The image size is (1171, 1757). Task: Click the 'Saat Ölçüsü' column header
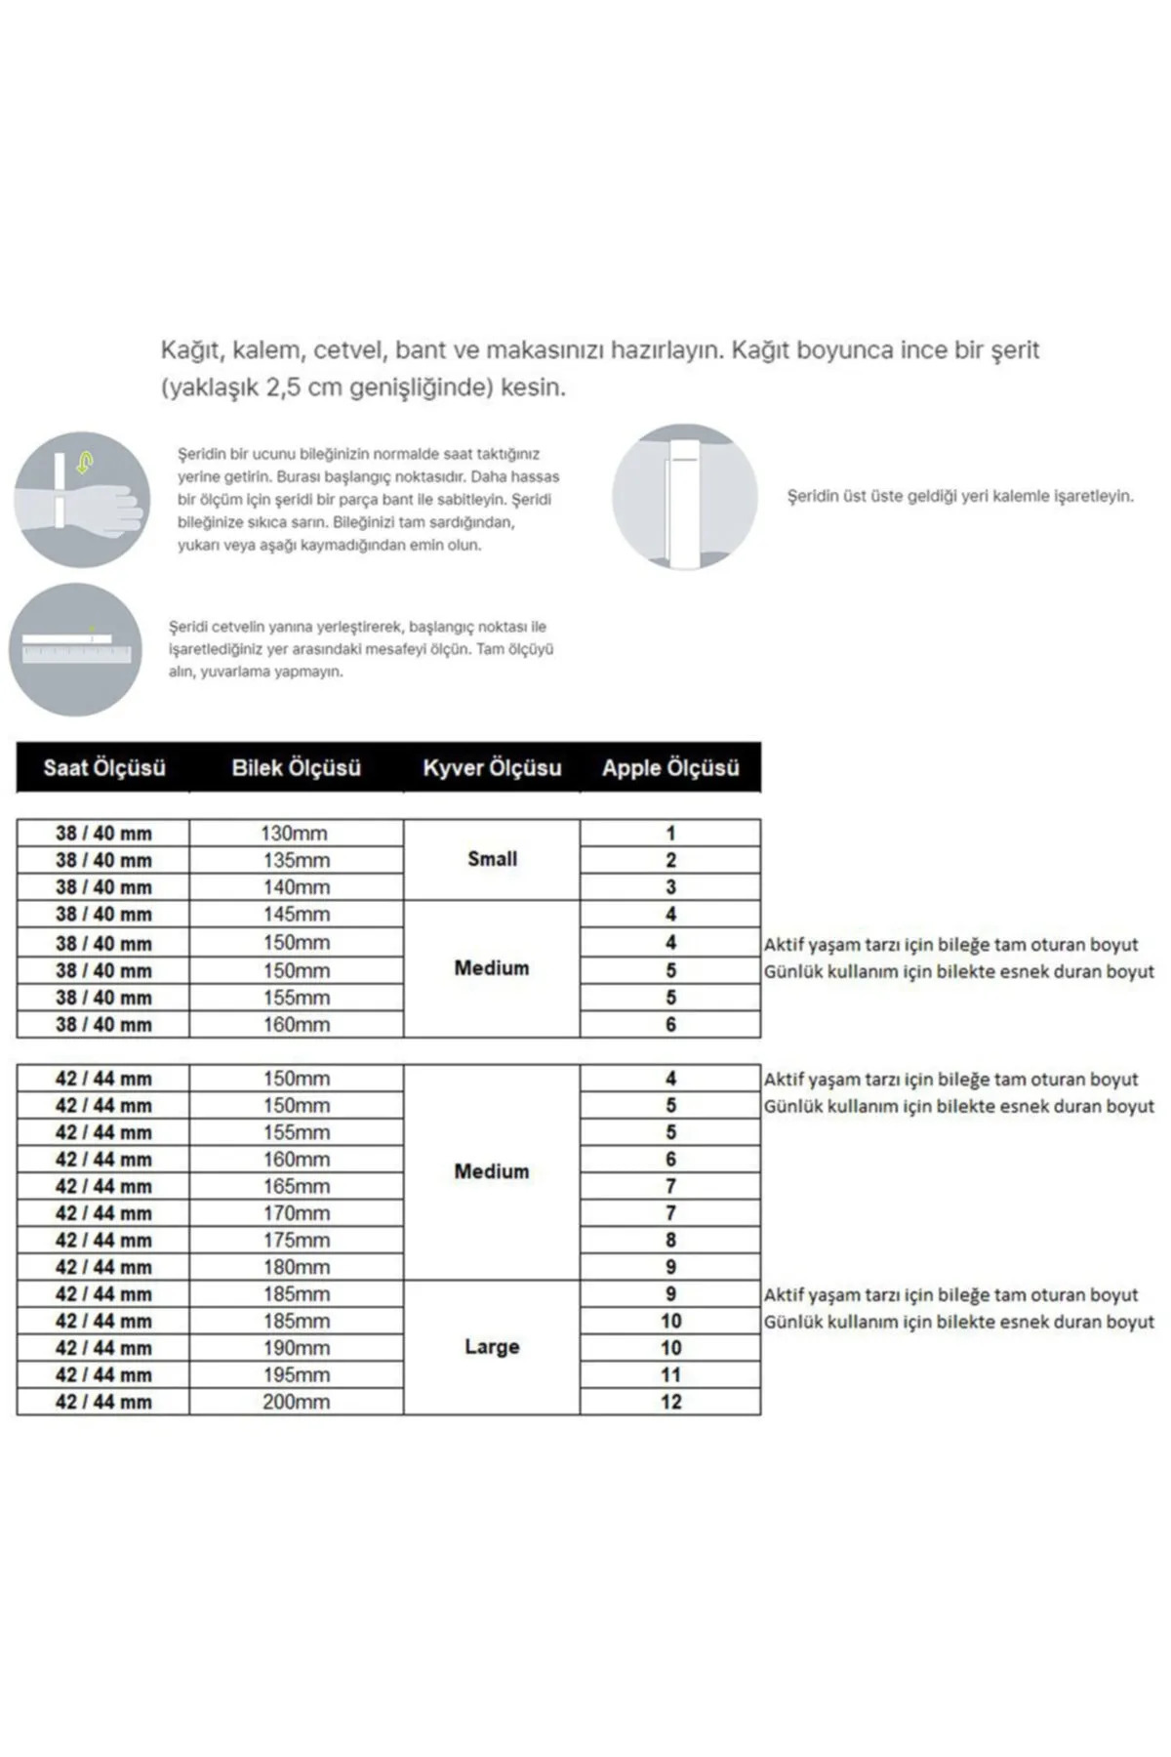(x=103, y=768)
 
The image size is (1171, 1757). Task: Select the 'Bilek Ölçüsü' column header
(x=296, y=768)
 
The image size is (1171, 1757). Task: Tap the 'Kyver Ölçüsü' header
(x=492, y=768)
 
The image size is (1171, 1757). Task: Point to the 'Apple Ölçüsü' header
(x=670, y=768)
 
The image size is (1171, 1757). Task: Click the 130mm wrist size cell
(x=295, y=834)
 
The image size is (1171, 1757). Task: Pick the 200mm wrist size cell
(x=296, y=1402)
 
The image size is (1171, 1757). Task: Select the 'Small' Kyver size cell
(x=492, y=859)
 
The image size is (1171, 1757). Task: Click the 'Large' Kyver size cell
(x=492, y=1347)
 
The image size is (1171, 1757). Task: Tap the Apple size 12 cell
(x=670, y=1402)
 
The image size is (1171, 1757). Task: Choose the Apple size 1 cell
(x=670, y=834)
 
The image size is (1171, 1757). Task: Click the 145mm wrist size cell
(x=296, y=915)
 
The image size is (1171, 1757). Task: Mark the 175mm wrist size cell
(x=296, y=1241)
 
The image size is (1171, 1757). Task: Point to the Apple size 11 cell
(x=670, y=1374)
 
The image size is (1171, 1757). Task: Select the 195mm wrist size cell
(x=296, y=1374)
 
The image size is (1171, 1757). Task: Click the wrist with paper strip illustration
(x=82, y=499)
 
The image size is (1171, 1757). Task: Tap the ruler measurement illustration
(x=75, y=649)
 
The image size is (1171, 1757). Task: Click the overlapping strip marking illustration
(x=684, y=497)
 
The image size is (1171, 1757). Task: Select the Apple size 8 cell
(x=670, y=1241)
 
